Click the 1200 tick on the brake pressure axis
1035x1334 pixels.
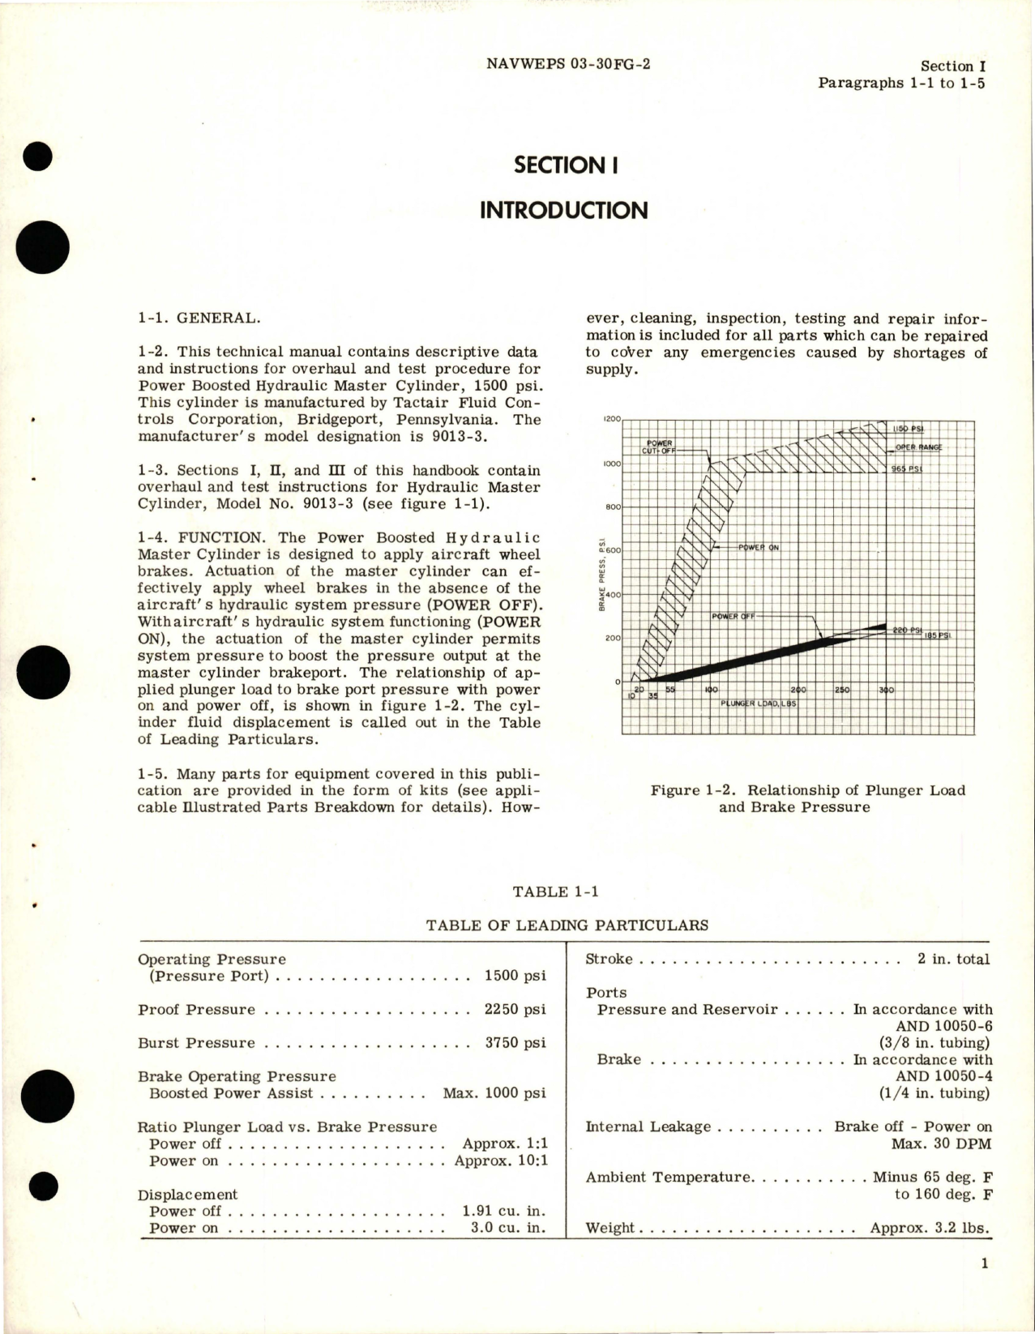click(611, 419)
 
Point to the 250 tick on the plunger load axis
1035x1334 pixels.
click(843, 690)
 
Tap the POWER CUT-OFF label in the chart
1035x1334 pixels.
click(659, 447)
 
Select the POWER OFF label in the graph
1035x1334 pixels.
click(733, 617)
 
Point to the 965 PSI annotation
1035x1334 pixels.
click(906, 469)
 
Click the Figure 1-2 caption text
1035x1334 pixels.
click(807, 798)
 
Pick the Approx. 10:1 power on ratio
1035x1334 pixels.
click(500, 1161)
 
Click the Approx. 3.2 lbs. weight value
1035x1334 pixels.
click(930, 1228)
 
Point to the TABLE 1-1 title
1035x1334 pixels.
click(556, 891)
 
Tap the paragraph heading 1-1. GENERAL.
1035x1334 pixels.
click(199, 319)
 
